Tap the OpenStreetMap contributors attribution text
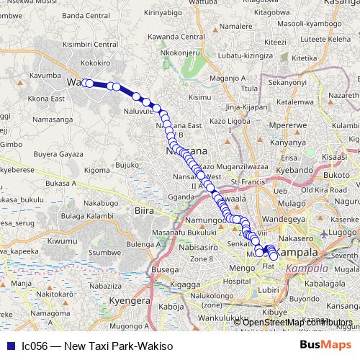coord(292,322)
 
